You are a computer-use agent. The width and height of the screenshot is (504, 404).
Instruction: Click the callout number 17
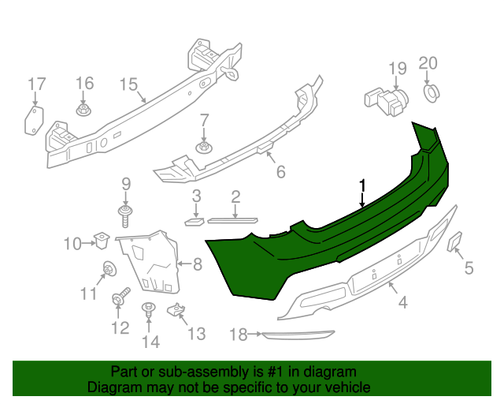pos(37,84)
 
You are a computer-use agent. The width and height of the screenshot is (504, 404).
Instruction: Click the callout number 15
pos(128,84)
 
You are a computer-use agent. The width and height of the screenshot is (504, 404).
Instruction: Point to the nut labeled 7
pos(203,147)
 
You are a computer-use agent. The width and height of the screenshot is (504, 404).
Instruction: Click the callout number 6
pos(280,170)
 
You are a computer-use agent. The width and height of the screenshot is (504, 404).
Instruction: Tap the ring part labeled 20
pos(430,92)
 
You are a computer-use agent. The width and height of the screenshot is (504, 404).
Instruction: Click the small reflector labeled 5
pos(456,241)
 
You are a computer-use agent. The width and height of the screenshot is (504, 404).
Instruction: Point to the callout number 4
pos(402,302)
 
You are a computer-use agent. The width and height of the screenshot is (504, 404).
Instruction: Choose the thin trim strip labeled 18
pos(299,335)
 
